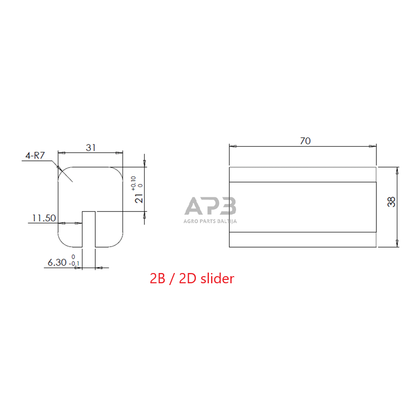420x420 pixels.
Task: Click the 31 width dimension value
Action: coord(91,147)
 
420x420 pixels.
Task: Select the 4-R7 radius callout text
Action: coord(36,155)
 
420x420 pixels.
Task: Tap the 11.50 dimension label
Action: coord(43,218)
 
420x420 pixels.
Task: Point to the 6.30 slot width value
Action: coord(57,263)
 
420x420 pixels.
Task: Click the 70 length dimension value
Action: coord(305,141)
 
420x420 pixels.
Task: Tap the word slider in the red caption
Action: coord(217,279)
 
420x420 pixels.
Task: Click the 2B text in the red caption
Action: coord(158,279)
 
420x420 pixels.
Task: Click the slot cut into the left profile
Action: coord(89,229)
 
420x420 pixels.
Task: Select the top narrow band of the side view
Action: coord(303,175)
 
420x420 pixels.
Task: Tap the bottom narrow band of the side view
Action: coord(303,240)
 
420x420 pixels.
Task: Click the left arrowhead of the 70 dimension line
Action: coord(232,146)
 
